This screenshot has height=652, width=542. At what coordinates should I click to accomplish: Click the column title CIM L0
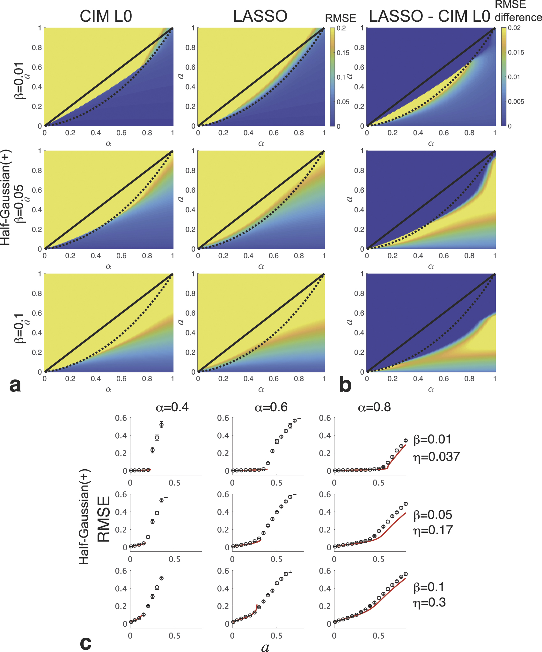point(106,16)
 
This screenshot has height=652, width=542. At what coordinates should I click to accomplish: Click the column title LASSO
point(260,16)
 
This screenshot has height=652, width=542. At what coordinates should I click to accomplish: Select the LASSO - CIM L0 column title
point(429,16)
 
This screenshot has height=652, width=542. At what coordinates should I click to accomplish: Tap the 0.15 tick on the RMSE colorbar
point(343,53)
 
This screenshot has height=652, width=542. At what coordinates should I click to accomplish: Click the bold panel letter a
point(15,385)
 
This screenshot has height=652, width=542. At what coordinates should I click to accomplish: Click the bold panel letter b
point(345,385)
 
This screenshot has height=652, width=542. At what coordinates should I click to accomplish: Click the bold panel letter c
point(85,642)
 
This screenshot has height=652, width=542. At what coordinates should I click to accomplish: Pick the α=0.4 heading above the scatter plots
point(172,407)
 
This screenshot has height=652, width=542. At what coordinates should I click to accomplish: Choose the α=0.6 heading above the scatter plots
point(271,407)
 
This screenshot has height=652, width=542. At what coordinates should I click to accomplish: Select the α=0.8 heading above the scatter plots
point(374,407)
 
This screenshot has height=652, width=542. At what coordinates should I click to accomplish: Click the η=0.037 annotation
point(436,457)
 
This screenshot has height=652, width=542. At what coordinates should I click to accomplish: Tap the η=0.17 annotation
point(433,530)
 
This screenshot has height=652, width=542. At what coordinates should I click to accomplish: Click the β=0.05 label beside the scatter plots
point(433,515)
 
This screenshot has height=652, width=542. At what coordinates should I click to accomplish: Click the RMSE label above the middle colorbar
point(340,18)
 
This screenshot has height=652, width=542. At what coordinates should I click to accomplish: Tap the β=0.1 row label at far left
point(19,328)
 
